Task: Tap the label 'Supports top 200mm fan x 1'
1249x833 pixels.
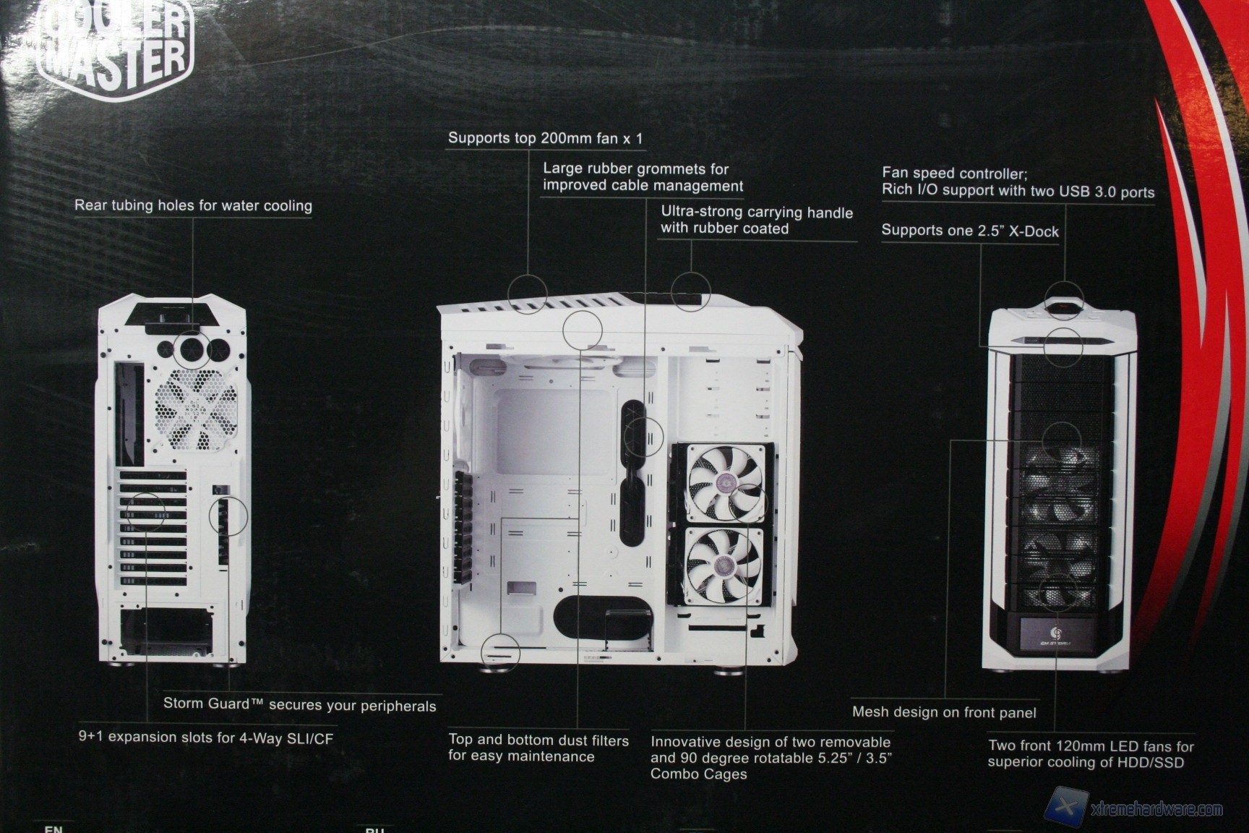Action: pyautogui.click(x=545, y=138)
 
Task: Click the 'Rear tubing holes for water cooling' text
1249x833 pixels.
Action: pyautogui.click(x=193, y=205)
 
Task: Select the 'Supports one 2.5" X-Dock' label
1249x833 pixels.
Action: pyautogui.click(x=970, y=231)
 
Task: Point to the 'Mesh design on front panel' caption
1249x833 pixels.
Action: pyautogui.click(x=944, y=712)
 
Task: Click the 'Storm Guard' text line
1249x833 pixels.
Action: pyautogui.click(x=299, y=705)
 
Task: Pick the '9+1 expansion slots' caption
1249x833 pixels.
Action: pyautogui.click(x=206, y=738)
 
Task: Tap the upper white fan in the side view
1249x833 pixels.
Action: pyautogui.click(x=724, y=482)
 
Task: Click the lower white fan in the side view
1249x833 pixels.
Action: pyautogui.click(x=724, y=565)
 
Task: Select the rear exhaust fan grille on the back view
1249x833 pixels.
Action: pyautogui.click(x=196, y=411)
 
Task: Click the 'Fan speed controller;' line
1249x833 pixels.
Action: pyautogui.click(x=954, y=174)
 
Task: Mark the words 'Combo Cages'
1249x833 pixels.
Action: pyautogui.click(x=698, y=774)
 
